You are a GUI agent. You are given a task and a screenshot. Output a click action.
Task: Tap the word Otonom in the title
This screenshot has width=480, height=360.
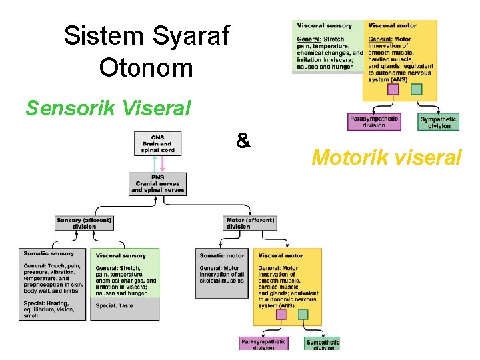click(145, 67)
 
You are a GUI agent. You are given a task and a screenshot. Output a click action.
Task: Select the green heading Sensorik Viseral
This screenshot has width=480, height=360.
click(108, 107)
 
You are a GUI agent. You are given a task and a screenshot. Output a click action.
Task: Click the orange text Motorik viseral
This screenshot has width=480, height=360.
click(386, 157)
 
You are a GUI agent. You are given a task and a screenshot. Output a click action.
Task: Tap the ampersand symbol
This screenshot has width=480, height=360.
click(243, 141)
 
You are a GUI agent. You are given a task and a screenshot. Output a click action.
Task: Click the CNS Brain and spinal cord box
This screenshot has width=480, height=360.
click(158, 143)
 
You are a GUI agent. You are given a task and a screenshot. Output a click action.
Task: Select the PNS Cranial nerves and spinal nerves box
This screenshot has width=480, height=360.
click(158, 184)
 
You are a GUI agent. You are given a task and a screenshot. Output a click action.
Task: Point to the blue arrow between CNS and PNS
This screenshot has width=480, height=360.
click(154, 164)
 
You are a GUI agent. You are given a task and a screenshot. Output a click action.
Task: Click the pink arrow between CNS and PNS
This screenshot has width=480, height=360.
click(162, 164)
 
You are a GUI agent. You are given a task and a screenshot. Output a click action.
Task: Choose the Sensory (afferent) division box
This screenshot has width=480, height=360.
click(84, 223)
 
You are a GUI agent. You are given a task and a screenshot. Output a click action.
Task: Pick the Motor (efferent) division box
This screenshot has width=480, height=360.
click(250, 223)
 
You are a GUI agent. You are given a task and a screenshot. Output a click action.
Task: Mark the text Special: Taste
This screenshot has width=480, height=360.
click(115, 305)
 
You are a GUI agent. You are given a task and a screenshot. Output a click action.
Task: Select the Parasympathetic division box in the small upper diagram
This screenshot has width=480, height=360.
click(374, 121)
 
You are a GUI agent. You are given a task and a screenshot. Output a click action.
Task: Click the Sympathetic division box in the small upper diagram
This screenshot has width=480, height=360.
click(439, 123)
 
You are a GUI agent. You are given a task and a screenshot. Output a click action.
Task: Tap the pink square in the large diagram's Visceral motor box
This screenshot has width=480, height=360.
click(281, 314)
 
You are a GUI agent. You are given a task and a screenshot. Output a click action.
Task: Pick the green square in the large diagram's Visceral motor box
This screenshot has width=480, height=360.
click(303, 314)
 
